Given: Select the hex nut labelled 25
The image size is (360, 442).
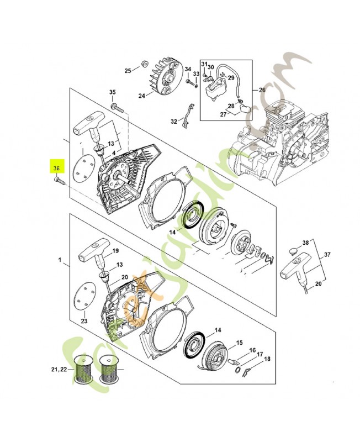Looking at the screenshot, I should (144, 62).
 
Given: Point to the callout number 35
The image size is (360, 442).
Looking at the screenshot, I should (112, 92).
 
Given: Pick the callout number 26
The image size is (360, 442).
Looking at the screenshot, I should (262, 90).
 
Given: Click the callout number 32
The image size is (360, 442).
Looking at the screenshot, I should (174, 121).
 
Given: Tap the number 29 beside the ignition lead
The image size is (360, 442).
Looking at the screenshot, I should (231, 77).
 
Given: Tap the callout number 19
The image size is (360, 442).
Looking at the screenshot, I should (116, 251).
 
